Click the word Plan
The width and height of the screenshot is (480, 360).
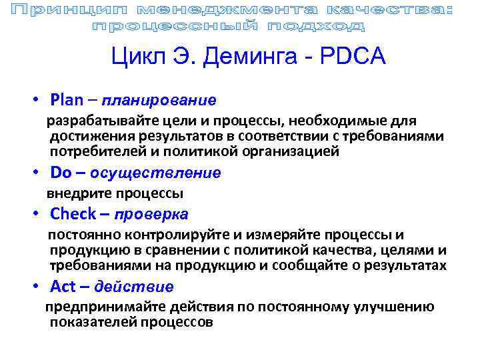66,100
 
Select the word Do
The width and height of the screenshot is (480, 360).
61,173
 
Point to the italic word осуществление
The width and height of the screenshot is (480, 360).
155,174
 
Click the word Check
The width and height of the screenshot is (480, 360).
73,214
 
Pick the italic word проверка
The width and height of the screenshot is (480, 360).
151,215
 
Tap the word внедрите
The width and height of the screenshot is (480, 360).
73,193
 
